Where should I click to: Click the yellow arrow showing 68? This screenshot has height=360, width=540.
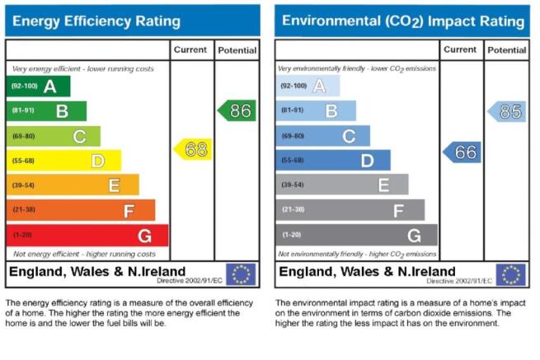tap(193, 149)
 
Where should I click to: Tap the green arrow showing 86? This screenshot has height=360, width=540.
tap(237, 110)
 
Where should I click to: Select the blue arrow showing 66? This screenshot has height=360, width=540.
tap(462, 152)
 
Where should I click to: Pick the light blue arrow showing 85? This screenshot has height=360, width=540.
tap(506, 111)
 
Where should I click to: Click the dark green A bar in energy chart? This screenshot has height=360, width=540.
tap(38, 86)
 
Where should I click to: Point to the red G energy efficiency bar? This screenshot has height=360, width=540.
tap(87, 236)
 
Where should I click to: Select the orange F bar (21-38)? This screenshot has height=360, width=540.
tap(81, 210)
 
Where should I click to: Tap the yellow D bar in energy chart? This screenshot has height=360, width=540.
tap(63, 161)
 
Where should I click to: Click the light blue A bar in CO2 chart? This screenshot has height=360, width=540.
tap(308, 86)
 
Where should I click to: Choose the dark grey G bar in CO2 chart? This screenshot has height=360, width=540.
tap(356, 235)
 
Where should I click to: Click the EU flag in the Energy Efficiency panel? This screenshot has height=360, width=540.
tap(241, 274)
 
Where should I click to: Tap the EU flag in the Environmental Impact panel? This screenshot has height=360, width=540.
tap(510, 274)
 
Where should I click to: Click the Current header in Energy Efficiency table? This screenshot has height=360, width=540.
tap(190, 50)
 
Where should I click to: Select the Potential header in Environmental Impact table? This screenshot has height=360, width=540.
tap(506, 50)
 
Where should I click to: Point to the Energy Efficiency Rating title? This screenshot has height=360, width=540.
tap(96, 21)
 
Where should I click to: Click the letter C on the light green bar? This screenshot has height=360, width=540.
tap(79, 137)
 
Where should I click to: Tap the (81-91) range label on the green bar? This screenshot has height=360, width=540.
tap(23, 110)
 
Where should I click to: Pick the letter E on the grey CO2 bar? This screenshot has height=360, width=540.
tap(383, 185)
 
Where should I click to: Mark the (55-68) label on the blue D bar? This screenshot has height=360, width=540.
tap(293, 160)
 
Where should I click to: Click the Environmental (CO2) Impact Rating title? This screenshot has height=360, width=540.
tap(403, 21)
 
